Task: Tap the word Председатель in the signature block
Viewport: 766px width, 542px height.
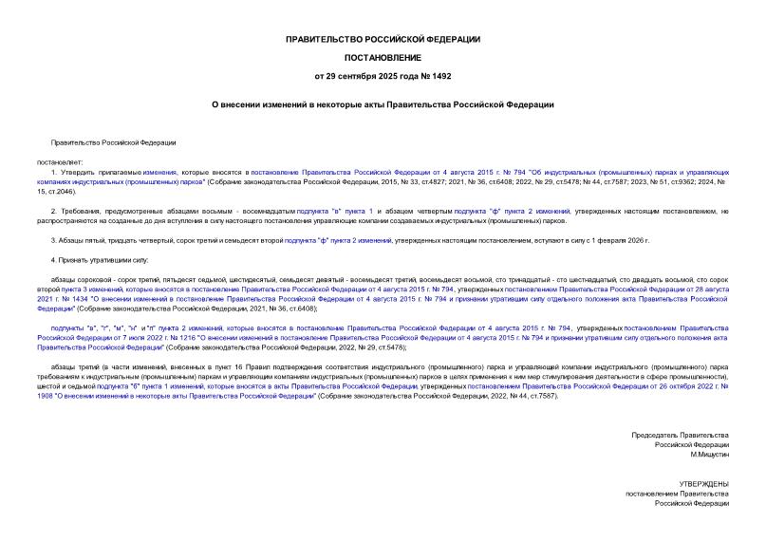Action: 663,434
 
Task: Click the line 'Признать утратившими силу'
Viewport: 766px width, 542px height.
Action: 104,259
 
